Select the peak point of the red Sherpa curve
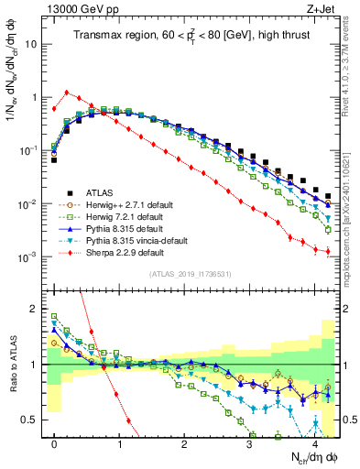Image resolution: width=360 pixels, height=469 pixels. [66, 92]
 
